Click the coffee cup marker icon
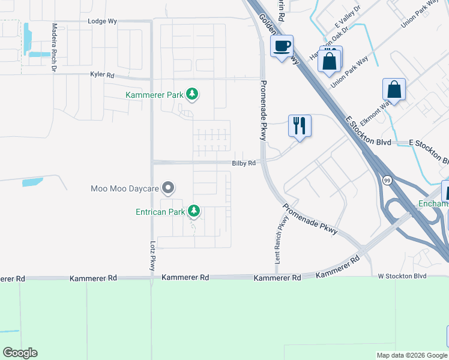[x=282, y=46]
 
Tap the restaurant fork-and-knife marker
[x=299, y=125]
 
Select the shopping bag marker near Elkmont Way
[x=394, y=89]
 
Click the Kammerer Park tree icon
[x=192, y=94]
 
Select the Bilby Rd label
[x=244, y=163]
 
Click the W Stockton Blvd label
[x=402, y=276]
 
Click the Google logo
[x=20, y=353]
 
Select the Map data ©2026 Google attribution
[x=411, y=355]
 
